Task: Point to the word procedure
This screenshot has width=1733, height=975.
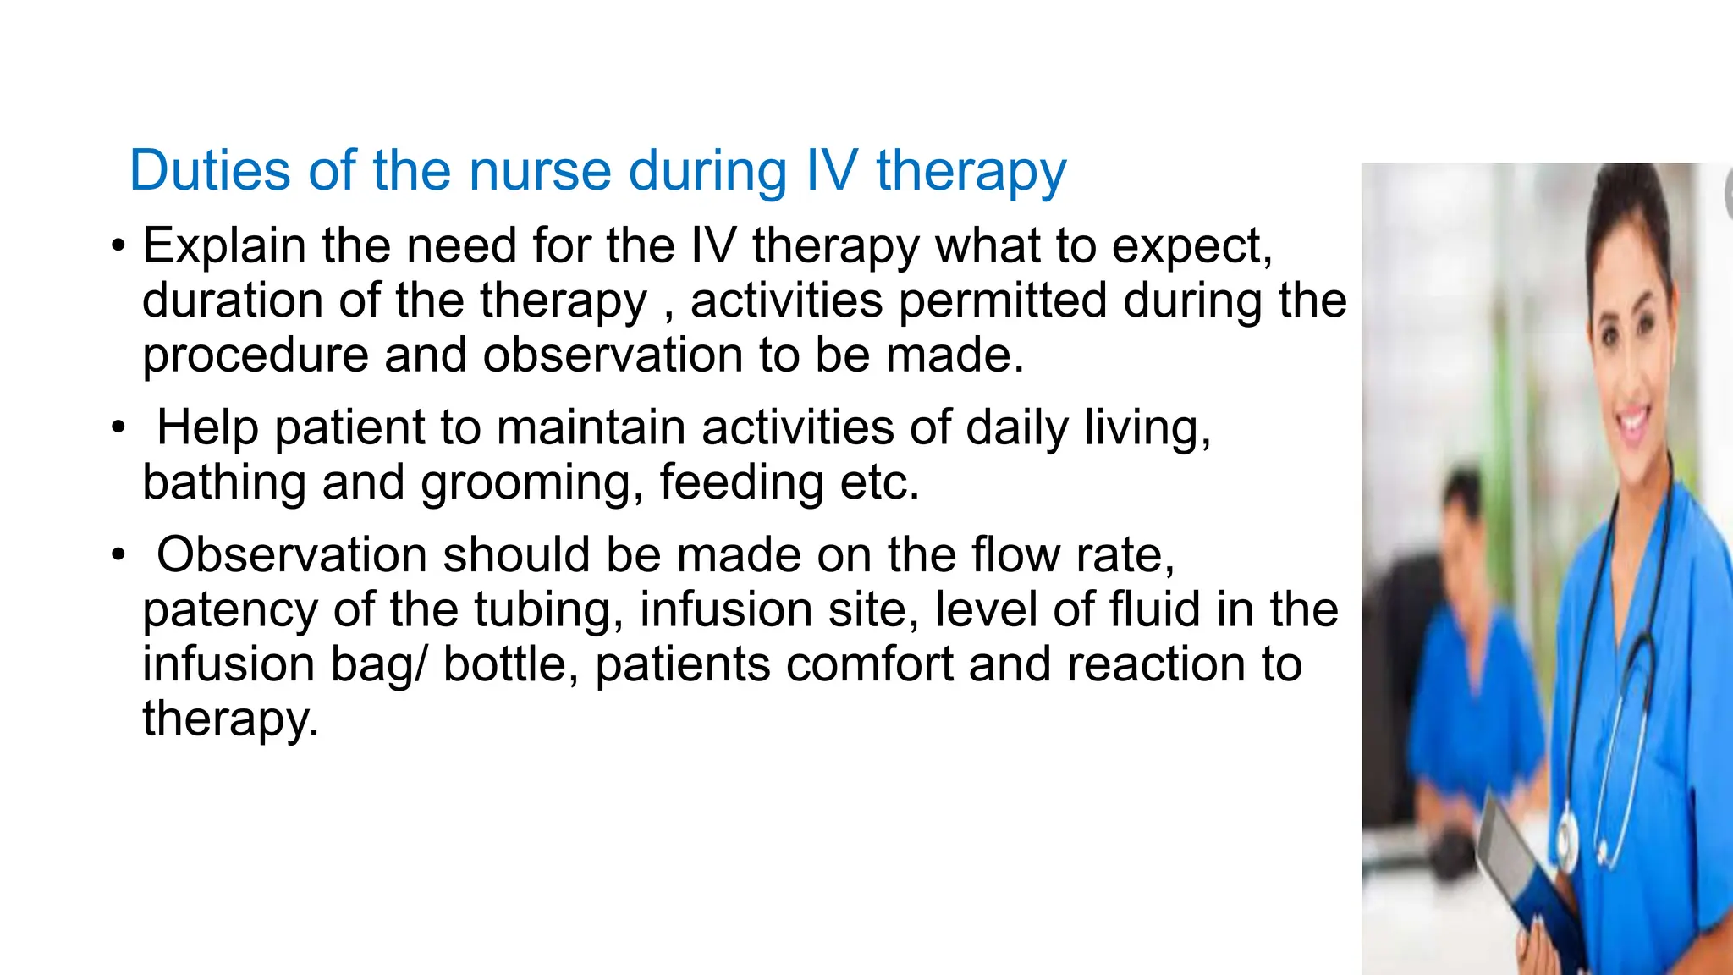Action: click(x=256, y=356)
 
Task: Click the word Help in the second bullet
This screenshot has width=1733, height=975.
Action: click(x=207, y=427)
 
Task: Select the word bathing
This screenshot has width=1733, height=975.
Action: click(x=223, y=482)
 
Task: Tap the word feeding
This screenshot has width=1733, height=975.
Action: click(x=741, y=482)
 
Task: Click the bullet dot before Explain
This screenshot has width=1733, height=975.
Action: click(x=118, y=247)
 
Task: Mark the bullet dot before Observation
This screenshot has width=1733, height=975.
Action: click(x=118, y=556)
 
